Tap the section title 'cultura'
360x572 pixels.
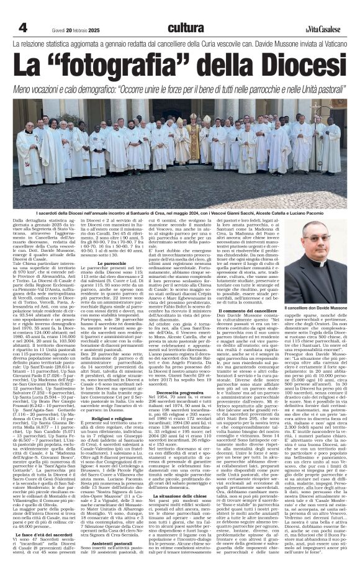186,27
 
